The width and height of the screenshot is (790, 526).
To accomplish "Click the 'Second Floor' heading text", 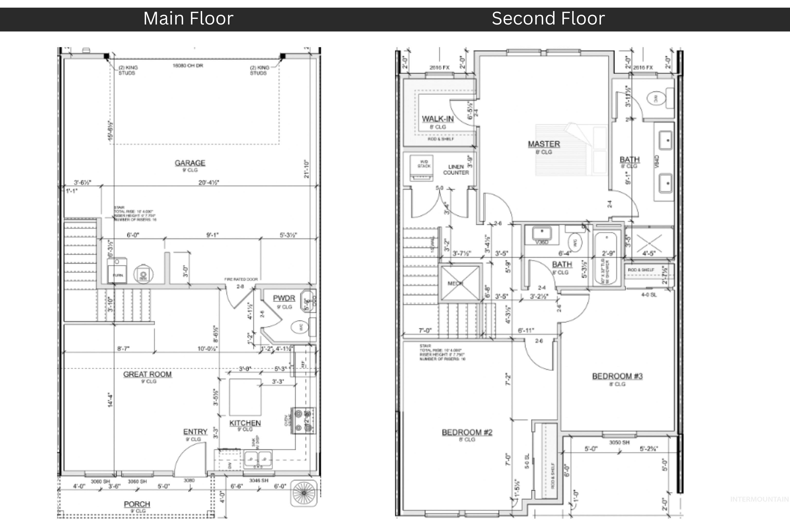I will (x=548, y=18).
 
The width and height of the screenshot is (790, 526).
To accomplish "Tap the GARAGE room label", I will (x=190, y=163).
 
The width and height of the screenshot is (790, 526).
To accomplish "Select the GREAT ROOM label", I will (x=147, y=374).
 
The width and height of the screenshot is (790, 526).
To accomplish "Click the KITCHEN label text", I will (x=245, y=423).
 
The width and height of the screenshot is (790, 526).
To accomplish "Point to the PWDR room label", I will (x=284, y=298).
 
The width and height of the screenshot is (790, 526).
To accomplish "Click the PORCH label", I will (x=137, y=504).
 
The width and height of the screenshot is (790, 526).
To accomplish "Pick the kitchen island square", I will (x=245, y=397).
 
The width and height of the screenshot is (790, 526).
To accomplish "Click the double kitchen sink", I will (x=258, y=458).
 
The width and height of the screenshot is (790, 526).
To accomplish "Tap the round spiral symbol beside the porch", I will (x=304, y=493).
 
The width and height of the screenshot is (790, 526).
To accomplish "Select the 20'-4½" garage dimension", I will (x=209, y=183).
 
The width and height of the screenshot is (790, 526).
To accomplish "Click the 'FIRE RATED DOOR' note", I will (x=241, y=279).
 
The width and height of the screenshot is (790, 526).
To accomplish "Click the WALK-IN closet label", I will (x=438, y=119).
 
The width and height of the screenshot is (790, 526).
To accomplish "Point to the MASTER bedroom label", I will (x=544, y=144).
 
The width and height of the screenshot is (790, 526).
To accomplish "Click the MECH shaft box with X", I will (x=460, y=283).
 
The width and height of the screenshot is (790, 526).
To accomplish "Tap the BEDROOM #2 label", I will (x=467, y=433).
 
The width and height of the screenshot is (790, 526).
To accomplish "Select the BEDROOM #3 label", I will (x=617, y=376).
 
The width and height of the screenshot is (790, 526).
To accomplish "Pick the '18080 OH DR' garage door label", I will (x=188, y=66).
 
